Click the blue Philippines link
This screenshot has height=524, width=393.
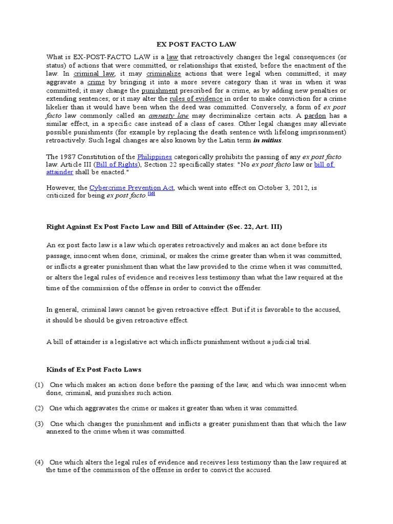coord(154,156)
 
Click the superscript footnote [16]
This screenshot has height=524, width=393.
coord(151,194)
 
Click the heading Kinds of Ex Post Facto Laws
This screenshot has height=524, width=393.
coord(94,369)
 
